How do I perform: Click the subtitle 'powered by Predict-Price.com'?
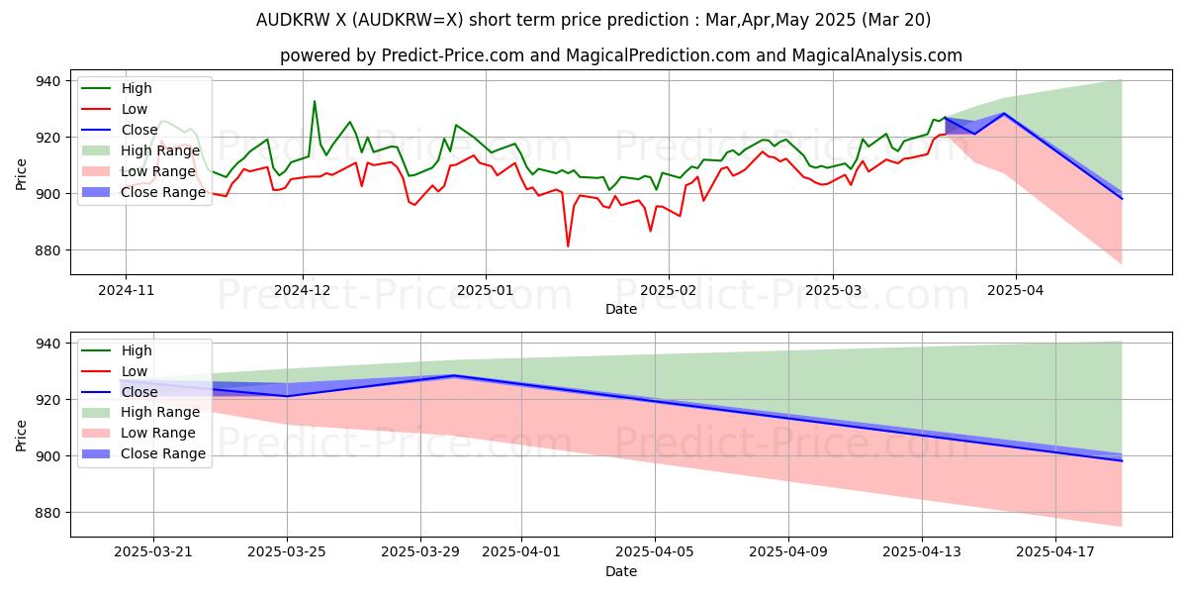[x=620, y=55]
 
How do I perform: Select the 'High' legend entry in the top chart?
[x=137, y=88]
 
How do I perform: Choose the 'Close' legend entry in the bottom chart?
[x=138, y=392]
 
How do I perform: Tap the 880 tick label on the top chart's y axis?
[x=46, y=250]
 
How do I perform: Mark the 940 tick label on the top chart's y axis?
[x=46, y=81]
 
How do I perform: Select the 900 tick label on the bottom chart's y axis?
[x=46, y=456]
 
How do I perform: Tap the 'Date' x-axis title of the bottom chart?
[x=620, y=572]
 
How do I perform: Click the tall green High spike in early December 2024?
[x=315, y=101]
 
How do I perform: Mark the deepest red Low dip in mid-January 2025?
[x=568, y=247]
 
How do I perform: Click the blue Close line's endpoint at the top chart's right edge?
[x=1122, y=199]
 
